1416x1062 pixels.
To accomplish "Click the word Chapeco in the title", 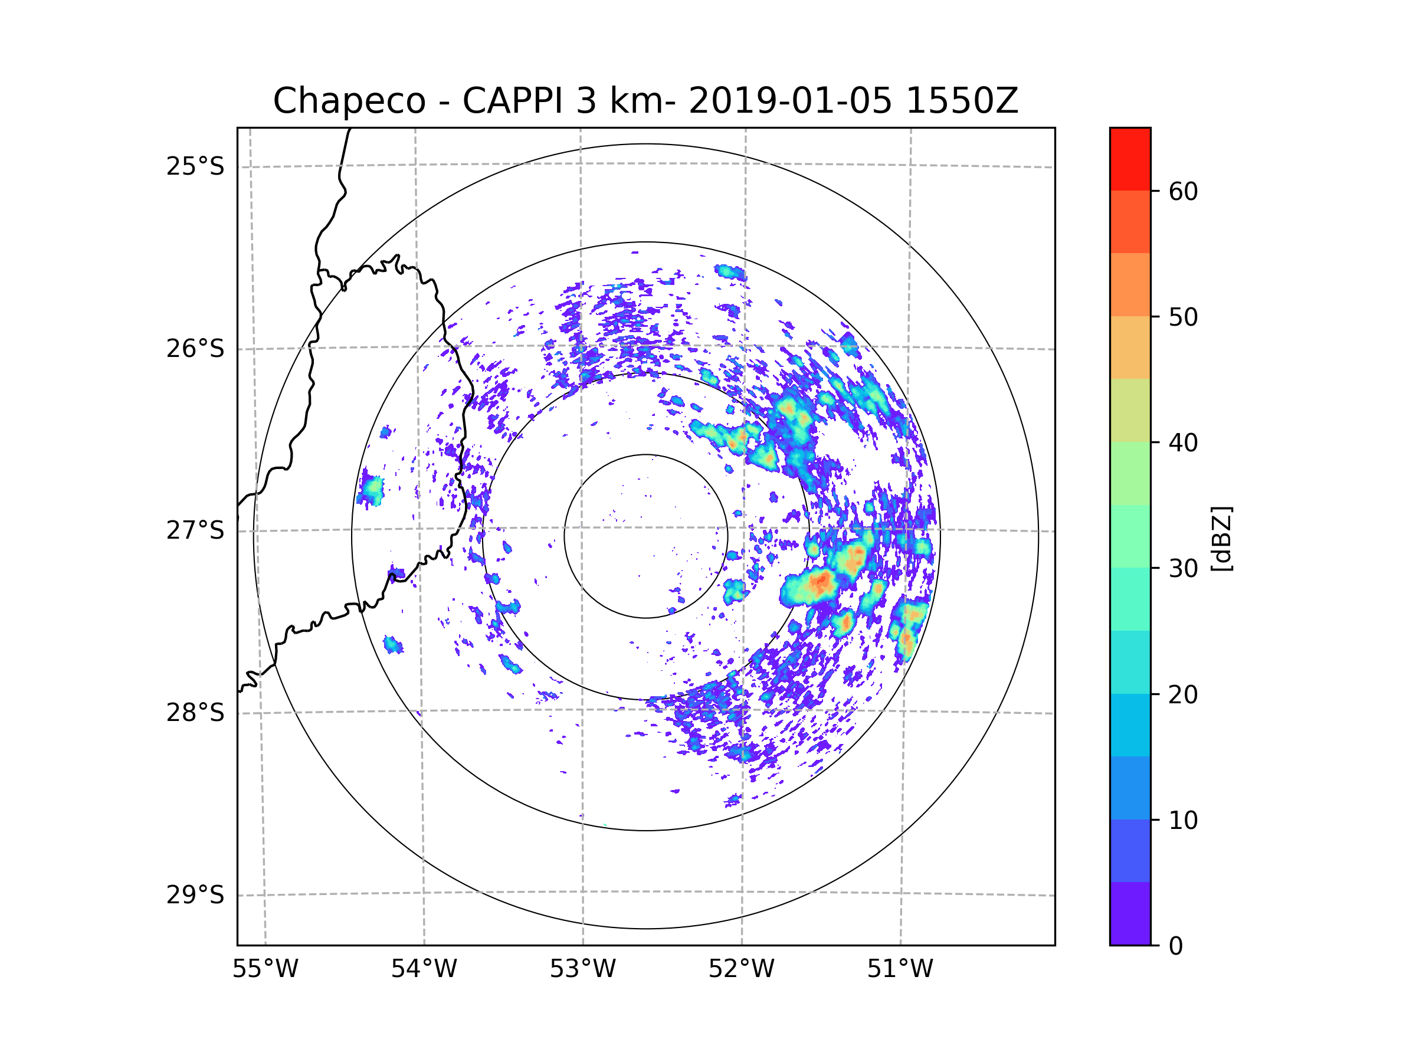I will (x=349, y=101).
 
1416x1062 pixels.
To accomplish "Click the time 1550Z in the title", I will (x=962, y=101).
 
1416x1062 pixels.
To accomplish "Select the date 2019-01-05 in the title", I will (x=790, y=101).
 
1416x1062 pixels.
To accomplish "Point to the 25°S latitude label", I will (x=195, y=166).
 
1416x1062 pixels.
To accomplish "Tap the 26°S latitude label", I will (x=195, y=349).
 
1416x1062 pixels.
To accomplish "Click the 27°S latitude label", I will (x=195, y=530).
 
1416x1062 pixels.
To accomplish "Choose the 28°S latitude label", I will (x=195, y=713).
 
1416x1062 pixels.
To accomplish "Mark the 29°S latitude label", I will (x=195, y=895).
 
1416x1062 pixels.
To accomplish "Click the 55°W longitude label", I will (x=265, y=969).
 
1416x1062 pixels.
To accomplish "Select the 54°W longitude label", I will (x=424, y=969).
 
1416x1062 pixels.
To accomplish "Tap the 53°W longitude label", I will (x=582, y=969).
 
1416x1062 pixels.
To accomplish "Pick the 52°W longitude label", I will (x=741, y=969).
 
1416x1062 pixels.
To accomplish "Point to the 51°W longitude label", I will (x=900, y=969).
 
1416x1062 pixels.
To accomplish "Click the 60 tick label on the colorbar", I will (x=1183, y=191).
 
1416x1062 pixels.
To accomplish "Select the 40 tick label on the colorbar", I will (x=1183, y=442).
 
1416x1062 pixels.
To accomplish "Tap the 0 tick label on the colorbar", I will (x=1176, y=946).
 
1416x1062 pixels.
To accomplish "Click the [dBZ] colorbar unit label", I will (x=1221, y=539).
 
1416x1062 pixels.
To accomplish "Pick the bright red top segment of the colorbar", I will (x=1130, y=159).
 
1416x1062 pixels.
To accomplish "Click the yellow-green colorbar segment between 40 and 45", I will (x=1130, y=410).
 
